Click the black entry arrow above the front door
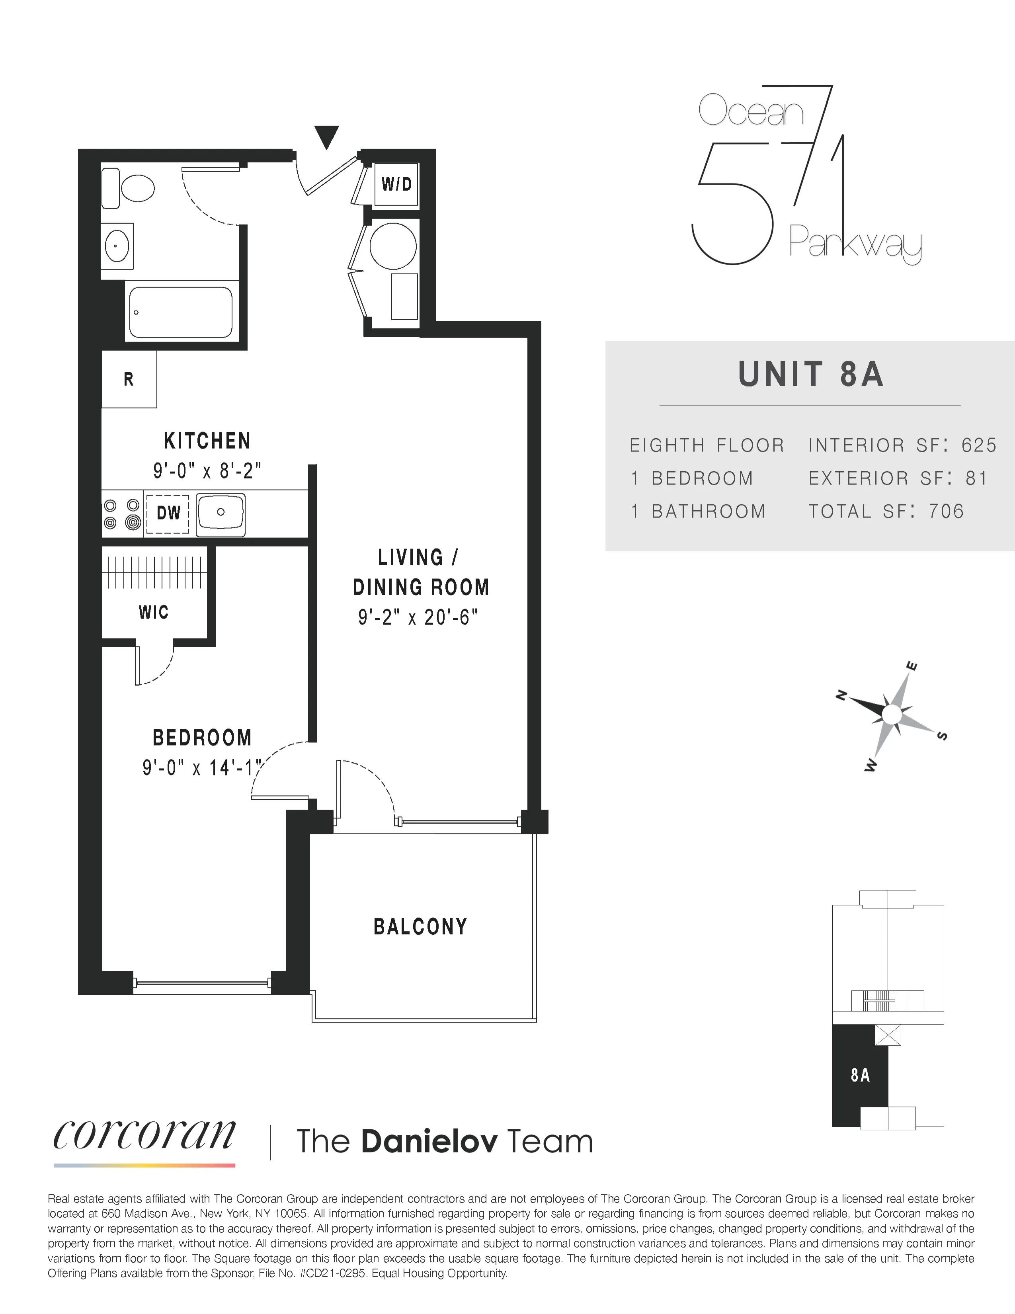click(x=327, y=136)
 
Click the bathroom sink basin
click(x=116, y=246)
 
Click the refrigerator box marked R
click(x=129, y=379)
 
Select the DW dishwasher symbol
click(x=168, y=513)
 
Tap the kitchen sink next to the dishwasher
click(x=221, y=513)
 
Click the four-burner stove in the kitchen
click(x=122, y=514)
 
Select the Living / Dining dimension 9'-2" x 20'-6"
click(x=418, y=617)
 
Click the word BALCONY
click(x=420, y=927)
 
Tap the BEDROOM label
click(x=202, y=738)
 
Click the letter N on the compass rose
click(x=842, y=696)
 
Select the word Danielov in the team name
click(x=429, y=1142)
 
